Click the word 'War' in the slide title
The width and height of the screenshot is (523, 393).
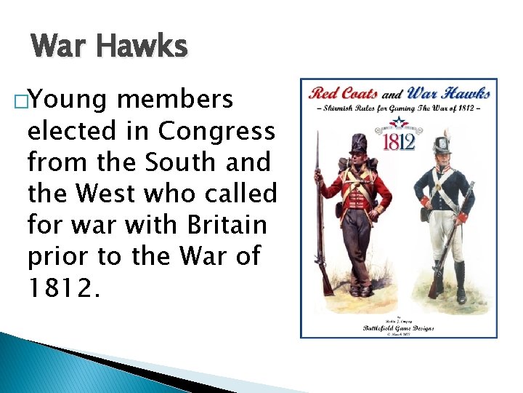click(62, 47)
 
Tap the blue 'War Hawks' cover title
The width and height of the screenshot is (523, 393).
click(448, 92)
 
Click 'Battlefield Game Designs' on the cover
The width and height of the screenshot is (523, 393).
click(399, 327)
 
